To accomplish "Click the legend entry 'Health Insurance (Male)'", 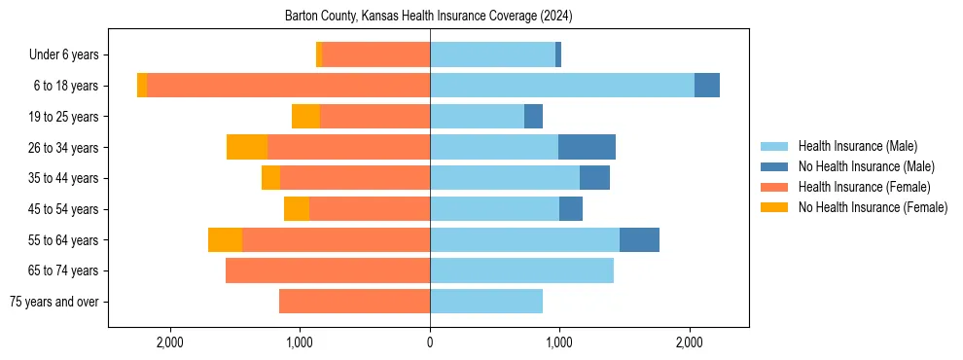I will [857, 147].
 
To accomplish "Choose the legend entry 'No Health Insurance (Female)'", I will [873, 207].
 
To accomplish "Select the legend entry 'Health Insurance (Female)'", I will [864, 187].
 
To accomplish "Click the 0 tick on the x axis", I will [430, 342].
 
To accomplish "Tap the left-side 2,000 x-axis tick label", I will [170, 342].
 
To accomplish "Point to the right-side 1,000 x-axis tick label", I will [559, 342].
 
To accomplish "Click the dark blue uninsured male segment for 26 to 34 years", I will [587, 147].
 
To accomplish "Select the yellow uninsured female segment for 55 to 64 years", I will [225, 240].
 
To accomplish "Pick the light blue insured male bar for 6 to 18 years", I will [562, 86].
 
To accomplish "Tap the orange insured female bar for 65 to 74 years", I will [328, 270].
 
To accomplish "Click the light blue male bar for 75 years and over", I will [486, 302].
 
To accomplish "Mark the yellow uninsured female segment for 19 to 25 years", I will [305, 117].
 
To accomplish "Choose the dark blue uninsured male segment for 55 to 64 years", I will [639, 240].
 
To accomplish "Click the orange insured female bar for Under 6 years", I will [375, 54].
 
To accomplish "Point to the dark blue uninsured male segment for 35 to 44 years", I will [594, 178].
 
